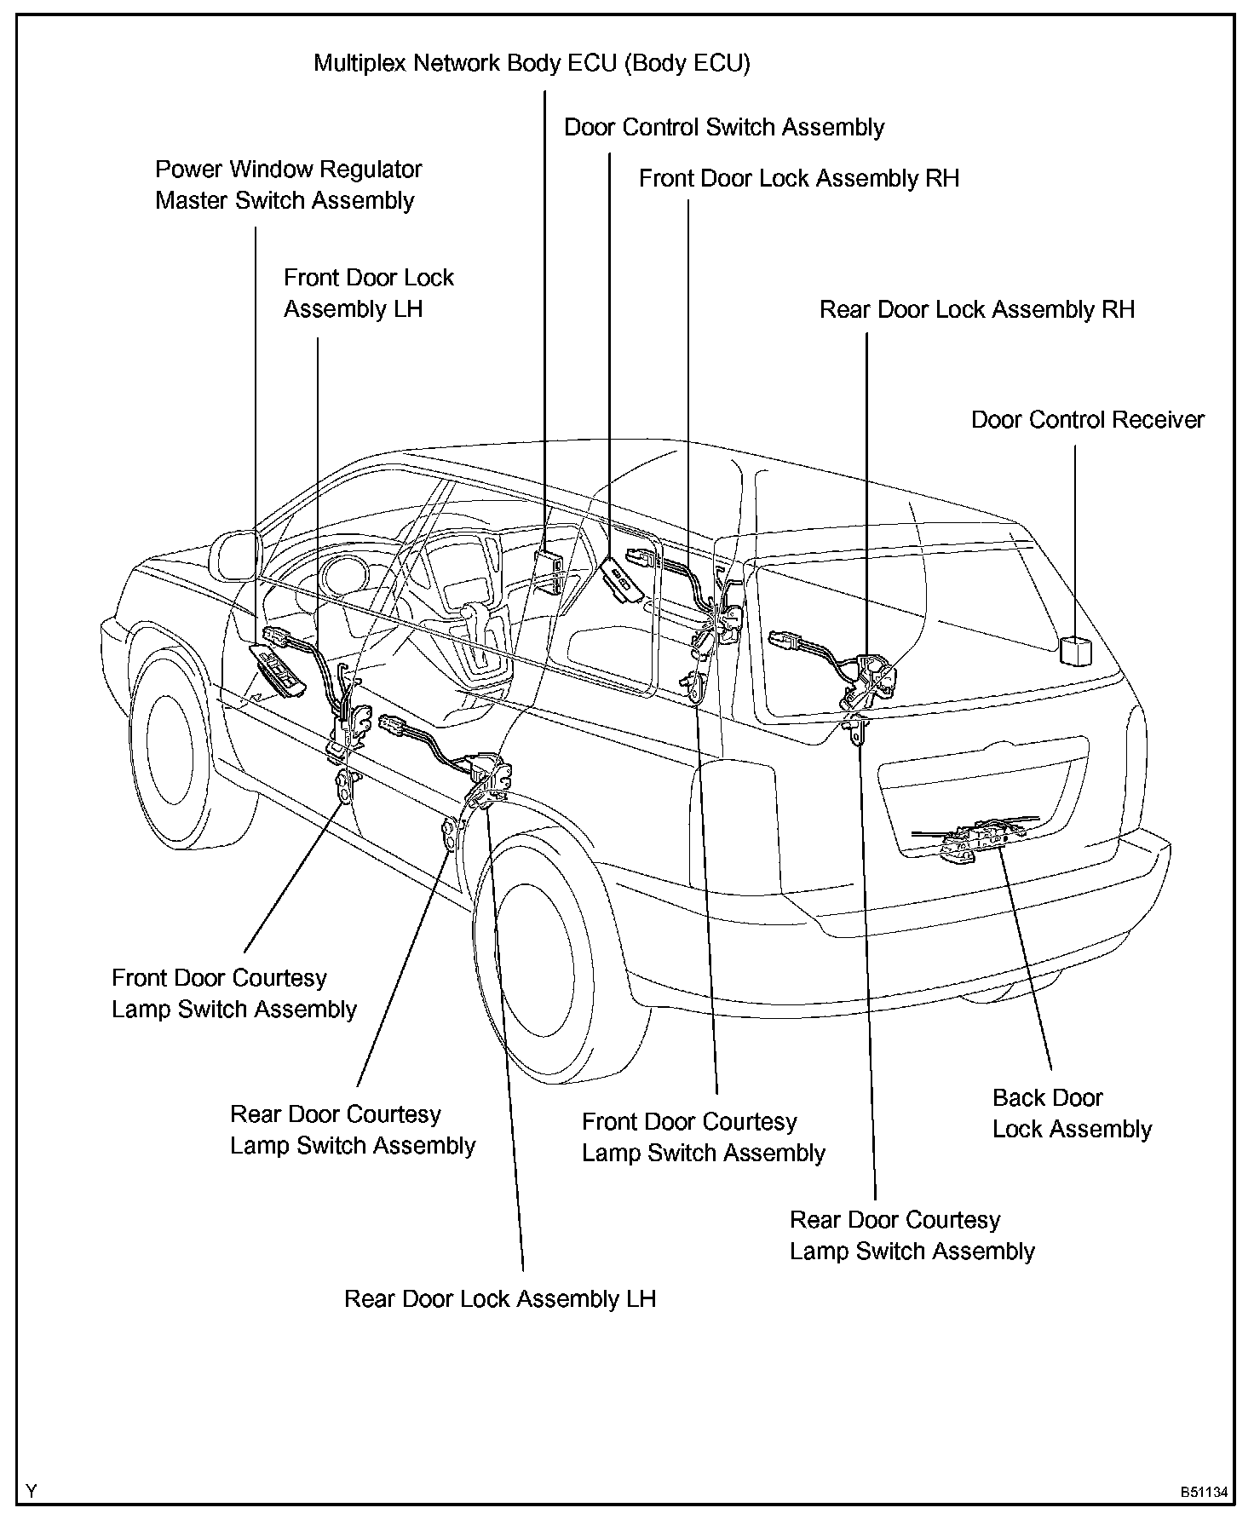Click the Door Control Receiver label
pos(1088,420)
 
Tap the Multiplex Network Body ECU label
pos(532,63)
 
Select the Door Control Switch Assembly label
pos(724,128)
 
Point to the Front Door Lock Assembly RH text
pos(799,178)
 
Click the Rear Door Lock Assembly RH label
pos(977,309)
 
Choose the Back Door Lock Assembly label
pos(1072,1114)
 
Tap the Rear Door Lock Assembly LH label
pos(500,1298)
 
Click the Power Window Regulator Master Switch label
pos(288,185)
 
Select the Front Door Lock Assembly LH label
pos(368,293)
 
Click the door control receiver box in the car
pos(1075,650)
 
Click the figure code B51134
pos(1204,1492)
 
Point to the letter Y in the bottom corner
pos(32,1491)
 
